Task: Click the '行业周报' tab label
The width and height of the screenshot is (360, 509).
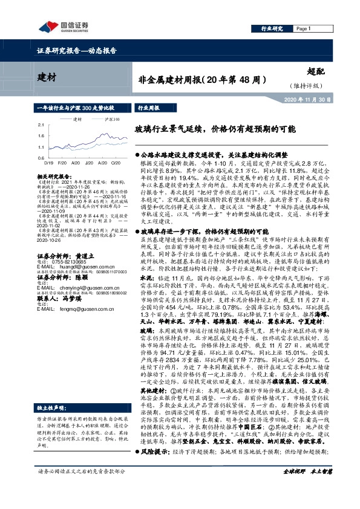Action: point(149,107)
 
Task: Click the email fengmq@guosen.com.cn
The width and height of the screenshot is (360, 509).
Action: point(73,310)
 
